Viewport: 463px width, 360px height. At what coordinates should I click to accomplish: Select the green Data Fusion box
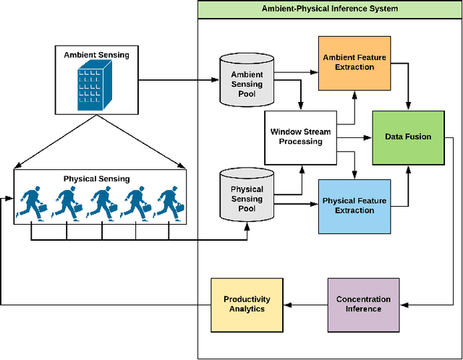pyautogui.click(x=407, y=136)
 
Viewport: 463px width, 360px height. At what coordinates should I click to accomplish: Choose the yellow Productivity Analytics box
pyautogui.click(x=247, y=304)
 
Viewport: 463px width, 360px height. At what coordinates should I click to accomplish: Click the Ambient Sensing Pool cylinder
pyautogui.click(x=247, y=79)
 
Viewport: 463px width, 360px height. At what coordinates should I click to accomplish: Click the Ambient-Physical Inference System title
pyautogui.click(x=329, y=9)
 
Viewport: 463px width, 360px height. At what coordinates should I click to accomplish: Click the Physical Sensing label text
pyautogui.click(x=97, y=179)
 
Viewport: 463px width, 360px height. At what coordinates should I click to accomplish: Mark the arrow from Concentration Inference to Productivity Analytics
pyautogui.click(x=303, y=304)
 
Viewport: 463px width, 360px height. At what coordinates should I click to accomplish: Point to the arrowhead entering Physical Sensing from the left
pyautogui.click(x=9, y=195)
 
